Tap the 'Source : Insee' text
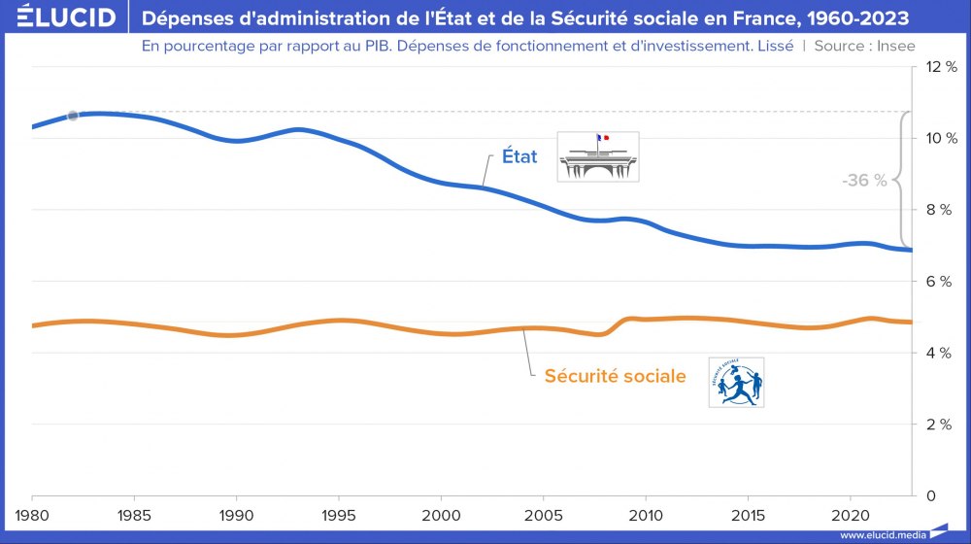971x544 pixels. click(x=864, y=46)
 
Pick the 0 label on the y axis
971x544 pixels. click(x=931, y=495)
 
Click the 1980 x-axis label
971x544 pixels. click(x=33, y=513)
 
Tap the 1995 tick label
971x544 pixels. click(x=339, y=513)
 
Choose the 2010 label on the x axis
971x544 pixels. click(x=646, y=513)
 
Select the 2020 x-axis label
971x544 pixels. click(x=851, y=513)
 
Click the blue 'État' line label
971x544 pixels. click(x=519, y=156)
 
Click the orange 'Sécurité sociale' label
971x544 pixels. click(x=615, y=376)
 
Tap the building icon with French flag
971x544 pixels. click(x=598, y=156)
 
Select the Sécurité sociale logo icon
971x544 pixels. click(x=736, y=382)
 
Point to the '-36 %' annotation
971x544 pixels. click(x=864, y=181)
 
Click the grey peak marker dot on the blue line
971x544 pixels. click(x=73, y=116)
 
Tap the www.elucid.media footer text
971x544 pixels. click(x=881, y=535)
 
